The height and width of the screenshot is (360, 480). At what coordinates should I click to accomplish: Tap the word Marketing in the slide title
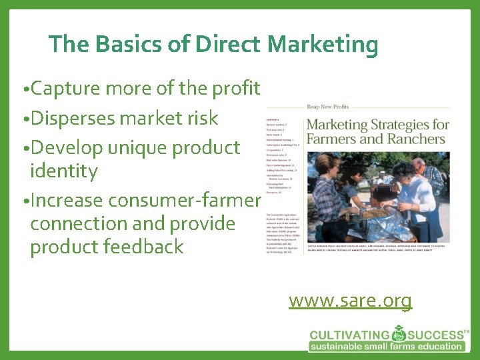pos(323,45)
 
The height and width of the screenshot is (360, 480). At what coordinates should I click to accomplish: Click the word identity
pos(64,171)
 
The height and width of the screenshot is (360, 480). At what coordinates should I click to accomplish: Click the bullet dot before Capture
pos(25,89)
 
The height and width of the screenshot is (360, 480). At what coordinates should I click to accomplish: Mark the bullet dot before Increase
pos(25,201)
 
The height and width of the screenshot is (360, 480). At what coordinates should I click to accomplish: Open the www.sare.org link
pos(350,301)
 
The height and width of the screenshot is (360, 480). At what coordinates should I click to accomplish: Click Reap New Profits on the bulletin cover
pos(327,107)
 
